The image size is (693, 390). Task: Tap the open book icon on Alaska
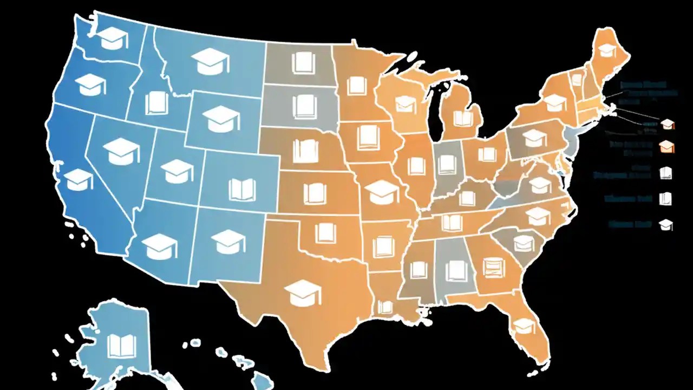click(120, 345)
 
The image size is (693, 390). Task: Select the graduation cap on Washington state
click(110, 38)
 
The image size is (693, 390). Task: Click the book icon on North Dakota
click(303, 63)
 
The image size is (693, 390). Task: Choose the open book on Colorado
click(242, 190)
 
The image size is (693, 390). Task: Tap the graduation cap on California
click(79, 179)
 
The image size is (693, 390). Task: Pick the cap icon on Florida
click(524, 326)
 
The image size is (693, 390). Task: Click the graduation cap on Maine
click(607, 50)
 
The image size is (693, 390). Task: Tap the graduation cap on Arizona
click(159, 245)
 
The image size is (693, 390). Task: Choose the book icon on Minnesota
click(357, 86)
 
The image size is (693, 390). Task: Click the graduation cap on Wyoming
click(220, 119)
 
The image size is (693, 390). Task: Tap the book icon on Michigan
click(463, 118)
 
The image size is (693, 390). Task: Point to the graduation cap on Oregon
click(90, 84)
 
